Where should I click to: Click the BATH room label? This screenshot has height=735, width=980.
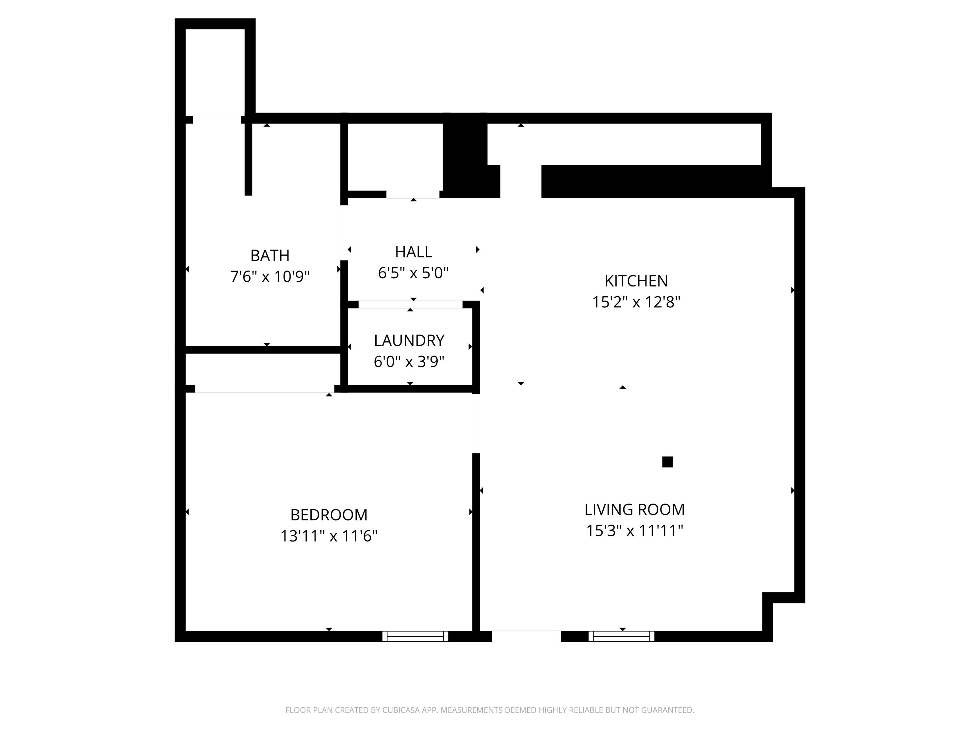pyautogui.click(x=270, y=256)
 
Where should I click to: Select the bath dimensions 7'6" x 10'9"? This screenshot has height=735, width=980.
pyautogui.click(x=270, y=276)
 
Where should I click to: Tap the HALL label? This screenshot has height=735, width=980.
pyautogui.click(x=413, y=252)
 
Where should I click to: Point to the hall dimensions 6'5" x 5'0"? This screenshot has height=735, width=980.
pyautogui.click(x=413, y=273)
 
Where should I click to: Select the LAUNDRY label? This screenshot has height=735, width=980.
pyautogui.click(x=409, y=341)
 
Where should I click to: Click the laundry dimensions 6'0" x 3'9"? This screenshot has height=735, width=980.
pyautogui.click(x=409, y=362)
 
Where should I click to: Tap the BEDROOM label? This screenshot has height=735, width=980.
pyautogui.click(x=329, y=515)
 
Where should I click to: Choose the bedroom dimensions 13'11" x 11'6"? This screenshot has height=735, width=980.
pyautogui.click(x=329, y=536)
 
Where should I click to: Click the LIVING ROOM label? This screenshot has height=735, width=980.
pyautogui.click(x=634, y=510)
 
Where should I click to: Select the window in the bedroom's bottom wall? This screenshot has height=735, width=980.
pyautogui.click(x=415, y=636)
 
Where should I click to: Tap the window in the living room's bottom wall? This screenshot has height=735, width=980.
pyautogui.click(x=621, y=636)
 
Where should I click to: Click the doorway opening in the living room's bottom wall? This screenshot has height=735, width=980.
pyautogui.click(x=526, y=636)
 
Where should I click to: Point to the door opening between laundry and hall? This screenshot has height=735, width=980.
pyautogui.click(x=410, y=304)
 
